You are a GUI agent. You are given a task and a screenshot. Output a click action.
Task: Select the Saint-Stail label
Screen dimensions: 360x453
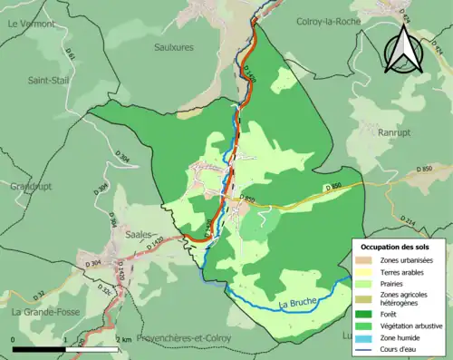[48, 80]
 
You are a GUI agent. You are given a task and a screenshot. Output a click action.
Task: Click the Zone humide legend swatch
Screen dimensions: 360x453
[367, 336]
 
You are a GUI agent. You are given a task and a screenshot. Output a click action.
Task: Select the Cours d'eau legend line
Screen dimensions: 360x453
[367, 349]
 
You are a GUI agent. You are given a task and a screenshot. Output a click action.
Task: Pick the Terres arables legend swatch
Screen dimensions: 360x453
[367, 271]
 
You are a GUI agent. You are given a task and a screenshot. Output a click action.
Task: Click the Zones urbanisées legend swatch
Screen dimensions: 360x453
[367, 260]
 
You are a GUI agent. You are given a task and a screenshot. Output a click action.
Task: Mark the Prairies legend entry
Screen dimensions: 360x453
[367, 282]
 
